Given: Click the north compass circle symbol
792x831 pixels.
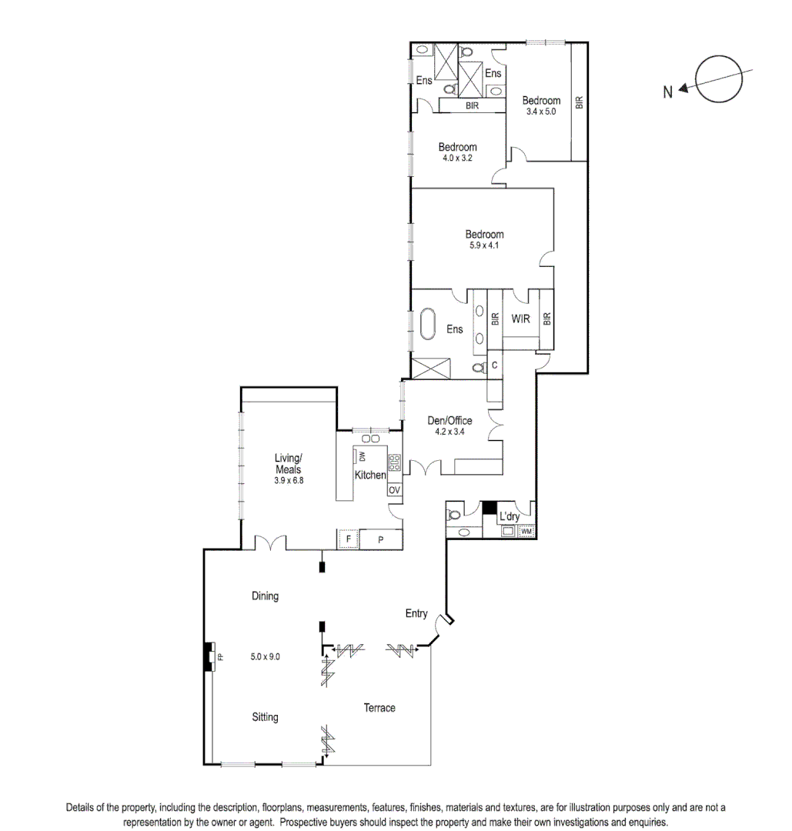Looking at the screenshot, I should tap(720, 79).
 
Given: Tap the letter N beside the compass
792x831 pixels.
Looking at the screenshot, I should tap(668, 92).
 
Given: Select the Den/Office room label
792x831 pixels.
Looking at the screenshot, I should tap(449, 421).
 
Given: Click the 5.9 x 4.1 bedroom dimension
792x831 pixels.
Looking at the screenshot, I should tap(483, 246).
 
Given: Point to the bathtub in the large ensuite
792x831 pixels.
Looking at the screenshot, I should tap(427, 325).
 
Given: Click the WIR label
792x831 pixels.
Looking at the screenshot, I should tap(520, 319).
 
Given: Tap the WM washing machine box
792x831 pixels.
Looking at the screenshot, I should tap(526, 532).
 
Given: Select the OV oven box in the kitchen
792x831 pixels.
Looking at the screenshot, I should tap(394, 490).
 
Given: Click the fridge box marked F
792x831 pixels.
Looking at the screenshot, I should tap(349, 539).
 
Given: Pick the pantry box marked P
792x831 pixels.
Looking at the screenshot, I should tap(381, 539).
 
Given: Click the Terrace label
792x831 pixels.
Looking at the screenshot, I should tap(379, 707).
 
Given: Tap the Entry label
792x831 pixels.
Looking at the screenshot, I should tap(416, 613).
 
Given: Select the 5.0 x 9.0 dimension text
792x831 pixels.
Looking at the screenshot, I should tap(265, 656).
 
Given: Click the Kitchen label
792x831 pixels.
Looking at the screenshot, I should tap(369, 476).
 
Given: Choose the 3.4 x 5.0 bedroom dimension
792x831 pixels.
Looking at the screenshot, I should tap(540, 111).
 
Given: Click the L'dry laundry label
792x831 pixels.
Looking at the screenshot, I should tap(509, 516).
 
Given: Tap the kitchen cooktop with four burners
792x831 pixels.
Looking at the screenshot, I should tap(395, 462).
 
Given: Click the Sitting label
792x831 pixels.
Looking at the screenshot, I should tap(265, 717).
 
